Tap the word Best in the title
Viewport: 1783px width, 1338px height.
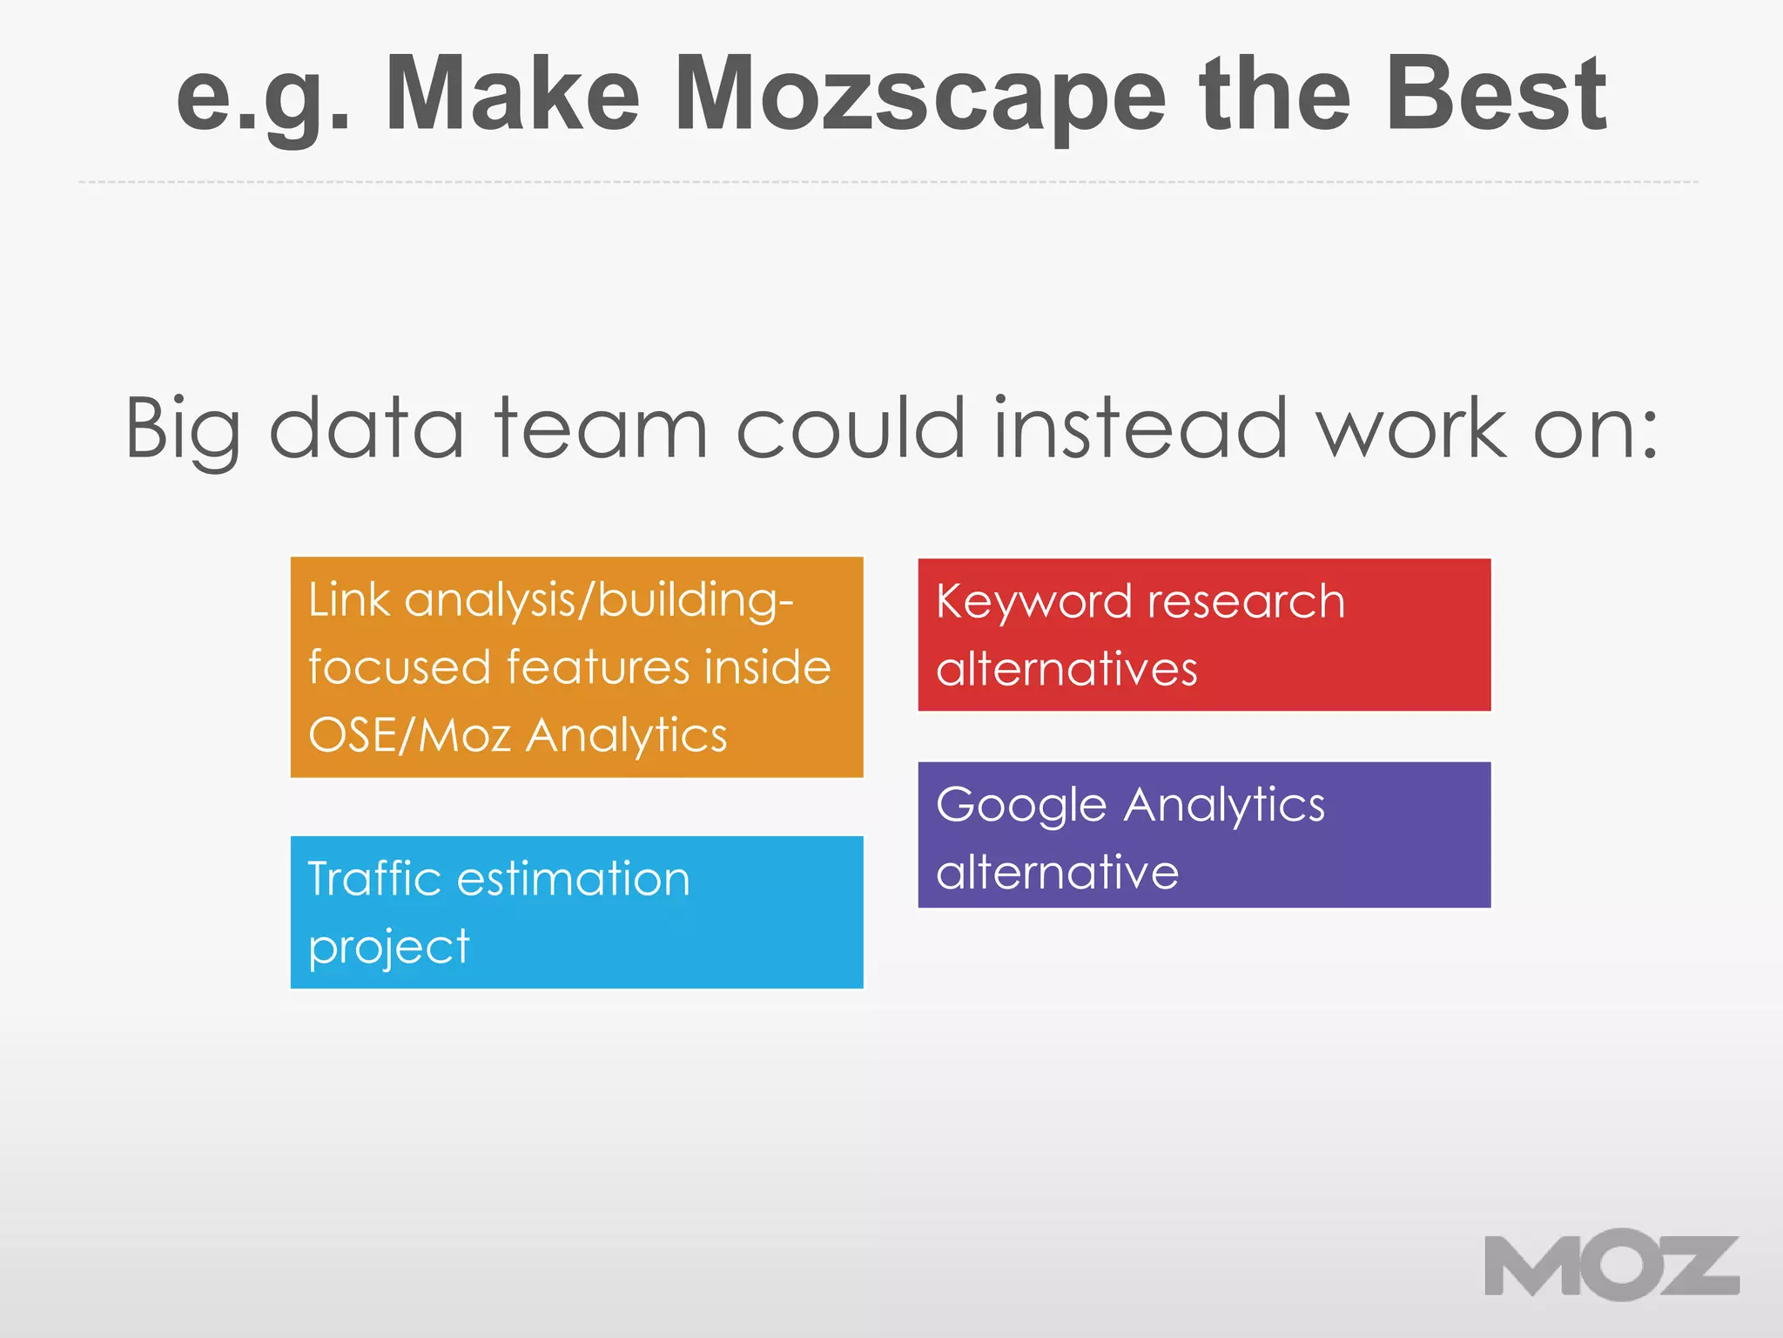1496,94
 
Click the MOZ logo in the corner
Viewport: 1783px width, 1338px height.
1611,1265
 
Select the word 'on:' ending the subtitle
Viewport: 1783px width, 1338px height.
1595,430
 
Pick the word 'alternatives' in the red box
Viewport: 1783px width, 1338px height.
1066,669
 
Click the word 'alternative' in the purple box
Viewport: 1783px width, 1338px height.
1057,872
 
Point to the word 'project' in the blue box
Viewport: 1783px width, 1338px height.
388,948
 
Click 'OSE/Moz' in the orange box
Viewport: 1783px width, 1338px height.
409,734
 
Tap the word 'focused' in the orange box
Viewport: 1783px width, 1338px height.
400,667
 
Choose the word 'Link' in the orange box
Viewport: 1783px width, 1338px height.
348,600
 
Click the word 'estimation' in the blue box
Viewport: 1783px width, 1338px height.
573,878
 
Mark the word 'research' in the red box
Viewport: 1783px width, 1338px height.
1246,602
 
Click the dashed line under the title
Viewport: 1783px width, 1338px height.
888,182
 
